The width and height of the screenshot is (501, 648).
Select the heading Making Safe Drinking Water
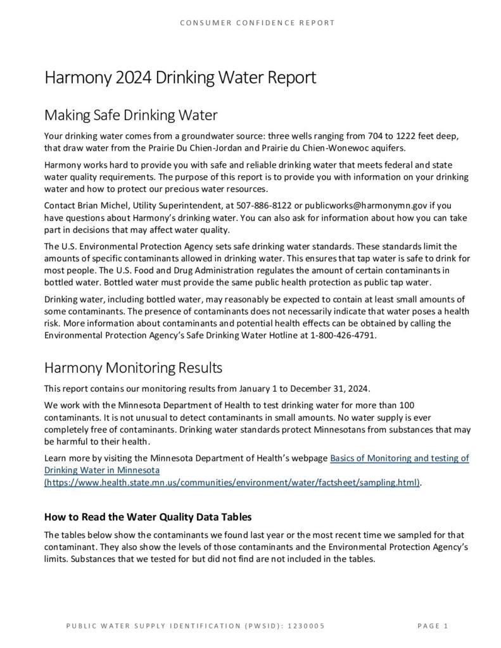tap(130, 115)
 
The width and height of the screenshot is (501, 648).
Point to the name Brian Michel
tap(95, 206)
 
